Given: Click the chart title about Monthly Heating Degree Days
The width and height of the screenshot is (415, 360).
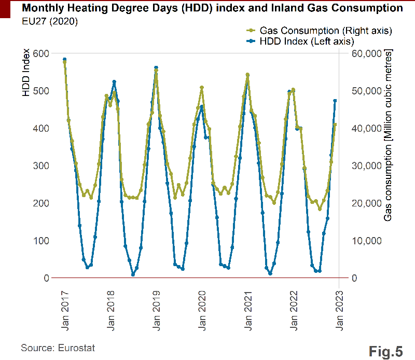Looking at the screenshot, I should tap(212, 8).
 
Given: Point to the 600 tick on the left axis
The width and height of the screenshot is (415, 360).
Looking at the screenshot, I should tap(41, 53).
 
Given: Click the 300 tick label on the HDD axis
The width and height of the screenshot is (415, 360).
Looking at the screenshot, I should tap(41, 165).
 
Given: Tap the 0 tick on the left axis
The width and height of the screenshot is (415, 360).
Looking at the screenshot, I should tap(47, 278).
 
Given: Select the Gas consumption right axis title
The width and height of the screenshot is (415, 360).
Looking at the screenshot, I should tap(388, 135).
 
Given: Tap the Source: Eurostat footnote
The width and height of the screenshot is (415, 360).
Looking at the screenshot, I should tap(58, 348).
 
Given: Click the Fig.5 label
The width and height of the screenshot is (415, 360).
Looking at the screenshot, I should tap(386, 351).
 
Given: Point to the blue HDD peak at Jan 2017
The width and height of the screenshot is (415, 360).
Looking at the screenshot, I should tap(64, 60).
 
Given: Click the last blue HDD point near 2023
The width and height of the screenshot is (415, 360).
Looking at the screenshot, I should tap(335, 101).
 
